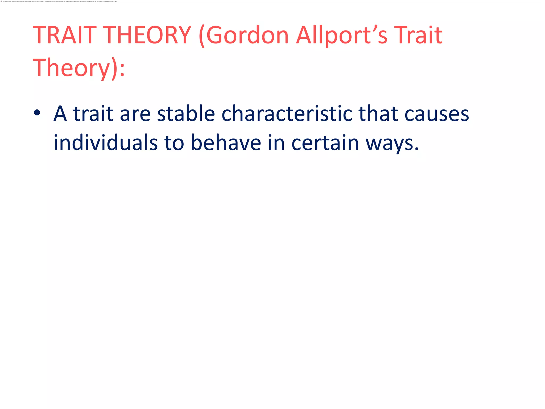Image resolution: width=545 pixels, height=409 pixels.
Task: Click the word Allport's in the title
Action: (342, 35)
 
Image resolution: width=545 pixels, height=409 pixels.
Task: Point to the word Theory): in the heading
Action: (79, 68)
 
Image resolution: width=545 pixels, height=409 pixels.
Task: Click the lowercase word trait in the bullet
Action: (93, 114)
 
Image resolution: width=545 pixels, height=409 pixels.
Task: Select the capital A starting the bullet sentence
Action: (60, 114)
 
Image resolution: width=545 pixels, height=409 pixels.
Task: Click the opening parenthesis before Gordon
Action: (202, 36)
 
